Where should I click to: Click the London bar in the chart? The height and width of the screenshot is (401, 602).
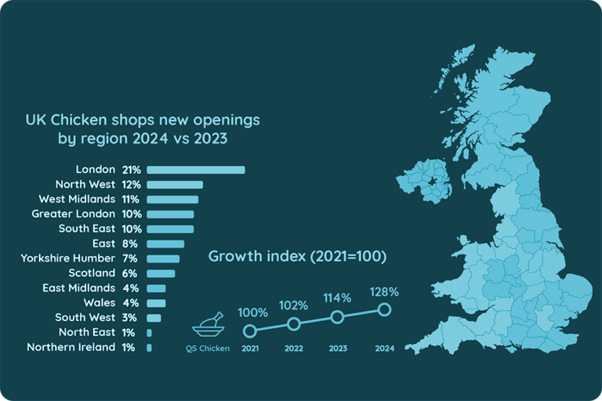(x=195, y=170)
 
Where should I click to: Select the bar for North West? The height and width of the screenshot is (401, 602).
(x=174, y=185)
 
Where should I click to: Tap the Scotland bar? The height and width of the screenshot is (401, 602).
(x=160, y=273)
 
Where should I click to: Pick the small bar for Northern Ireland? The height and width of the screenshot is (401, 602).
(x=149, y=347)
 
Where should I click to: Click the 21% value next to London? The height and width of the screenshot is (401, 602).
(x=130, y=170)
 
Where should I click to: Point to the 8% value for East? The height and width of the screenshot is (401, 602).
(x=130, y=244)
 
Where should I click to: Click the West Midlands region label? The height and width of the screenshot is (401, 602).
(x=77, y=200)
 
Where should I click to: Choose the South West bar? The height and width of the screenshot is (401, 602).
(x=153, y=317)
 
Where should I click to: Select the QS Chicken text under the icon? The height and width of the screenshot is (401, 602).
(x=208, y=349)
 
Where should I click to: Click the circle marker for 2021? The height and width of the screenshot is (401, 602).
(x=250, y=331)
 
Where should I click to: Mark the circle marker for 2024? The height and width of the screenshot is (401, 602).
(x=384, y=309)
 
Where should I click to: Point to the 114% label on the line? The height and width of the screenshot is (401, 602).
(x=339, y=298)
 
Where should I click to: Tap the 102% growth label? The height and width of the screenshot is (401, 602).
(x=294, y=305)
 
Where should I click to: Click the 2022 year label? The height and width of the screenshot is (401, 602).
(x=294, y=349)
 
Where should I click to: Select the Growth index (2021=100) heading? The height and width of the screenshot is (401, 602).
(x=297, y=257)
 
